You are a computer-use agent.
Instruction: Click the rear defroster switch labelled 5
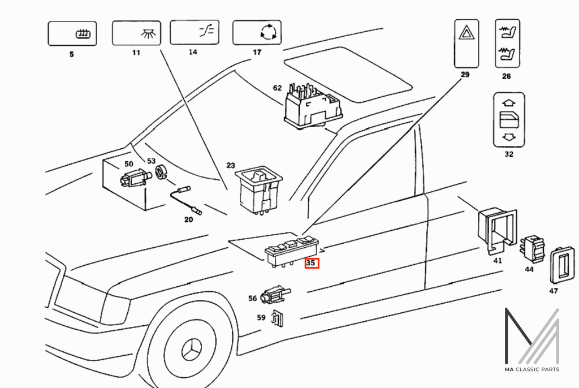click(72, 33)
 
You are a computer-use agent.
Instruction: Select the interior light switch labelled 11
click(136, 33)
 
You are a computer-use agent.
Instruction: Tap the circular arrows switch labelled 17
click(257, 32)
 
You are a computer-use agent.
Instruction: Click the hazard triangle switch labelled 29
click(466, 44)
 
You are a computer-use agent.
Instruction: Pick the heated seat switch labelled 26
click(507, 44)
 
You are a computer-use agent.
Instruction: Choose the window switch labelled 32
click(509, 120)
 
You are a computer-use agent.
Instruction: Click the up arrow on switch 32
click(509, 103)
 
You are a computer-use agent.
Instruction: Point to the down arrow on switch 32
click(509, 137)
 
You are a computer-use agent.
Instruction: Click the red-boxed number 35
click(311, 263)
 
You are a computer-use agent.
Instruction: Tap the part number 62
click(277, 88)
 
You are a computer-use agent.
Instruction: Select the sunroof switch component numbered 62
click(313, 106)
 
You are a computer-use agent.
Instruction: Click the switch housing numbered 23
click(258, 189)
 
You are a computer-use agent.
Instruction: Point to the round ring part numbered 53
click(161, 172)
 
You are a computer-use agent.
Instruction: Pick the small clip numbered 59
click(277, 318)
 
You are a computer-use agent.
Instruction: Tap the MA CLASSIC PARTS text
click(532, 369)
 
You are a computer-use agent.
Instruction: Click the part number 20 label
click(189, 220)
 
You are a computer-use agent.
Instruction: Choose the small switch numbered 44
click(532, 248)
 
